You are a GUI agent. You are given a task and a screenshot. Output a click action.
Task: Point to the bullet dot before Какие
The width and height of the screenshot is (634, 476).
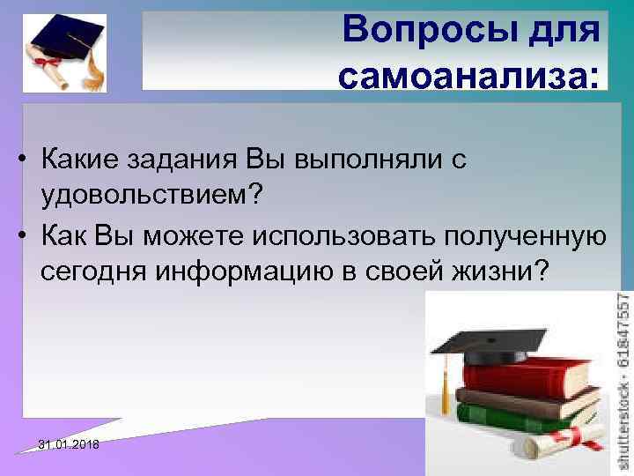point(29,161)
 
